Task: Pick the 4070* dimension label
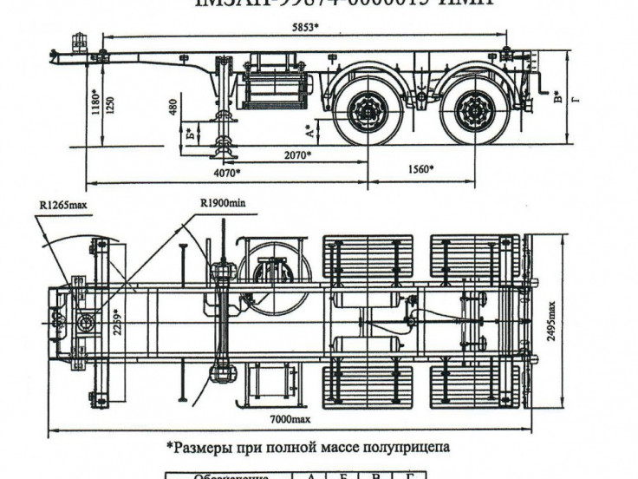point(227,174)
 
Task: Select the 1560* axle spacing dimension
point(420,169)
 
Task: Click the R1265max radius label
point(62,205)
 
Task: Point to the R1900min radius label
point(223,203)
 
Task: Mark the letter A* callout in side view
point(310,130)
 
